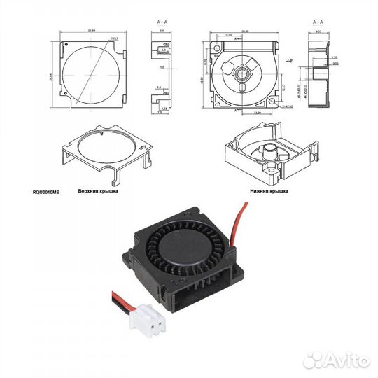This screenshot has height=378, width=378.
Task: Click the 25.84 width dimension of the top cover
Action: tap(92, 31)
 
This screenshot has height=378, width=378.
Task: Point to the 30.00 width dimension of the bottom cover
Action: tap(245, 31)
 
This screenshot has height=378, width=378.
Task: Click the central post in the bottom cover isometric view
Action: tap(269, 149)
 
